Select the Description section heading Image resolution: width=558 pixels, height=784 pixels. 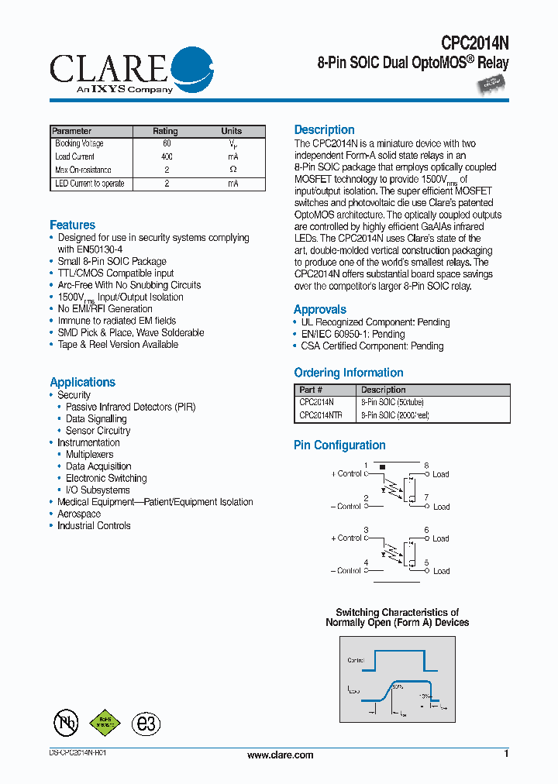(324, 130)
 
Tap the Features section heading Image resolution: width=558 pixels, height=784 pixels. (72, 225)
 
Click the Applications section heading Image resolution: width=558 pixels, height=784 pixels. (82, 382)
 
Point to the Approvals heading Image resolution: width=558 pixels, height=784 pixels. (319, 309)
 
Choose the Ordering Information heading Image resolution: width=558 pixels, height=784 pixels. (348, 373)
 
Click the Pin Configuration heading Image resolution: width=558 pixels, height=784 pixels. (339, 445)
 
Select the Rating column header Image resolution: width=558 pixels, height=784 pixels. (165, 131)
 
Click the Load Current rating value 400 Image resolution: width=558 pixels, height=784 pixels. (167, 156)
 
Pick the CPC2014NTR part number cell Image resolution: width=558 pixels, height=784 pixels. (320, 415)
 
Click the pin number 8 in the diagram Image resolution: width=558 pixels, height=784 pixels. (426, 465)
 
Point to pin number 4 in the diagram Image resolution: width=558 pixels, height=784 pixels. (366, 562)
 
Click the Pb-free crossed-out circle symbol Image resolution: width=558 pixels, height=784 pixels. (66, 722)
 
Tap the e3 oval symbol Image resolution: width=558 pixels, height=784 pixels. (145, 723)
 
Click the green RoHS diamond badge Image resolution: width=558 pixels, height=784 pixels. (105, 722)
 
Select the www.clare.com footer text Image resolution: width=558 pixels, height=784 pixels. (280, 755)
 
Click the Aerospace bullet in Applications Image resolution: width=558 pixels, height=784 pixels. (79, 514)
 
